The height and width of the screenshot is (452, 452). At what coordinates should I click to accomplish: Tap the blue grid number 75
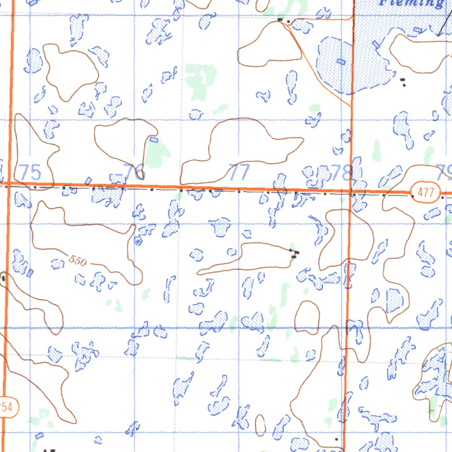coord(31,172)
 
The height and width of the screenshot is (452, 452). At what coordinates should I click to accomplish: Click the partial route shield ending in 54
coord(6,407)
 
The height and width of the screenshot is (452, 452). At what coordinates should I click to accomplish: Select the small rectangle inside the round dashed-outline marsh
coord(340,61)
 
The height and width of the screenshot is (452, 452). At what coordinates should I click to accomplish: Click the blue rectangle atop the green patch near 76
coord(154,139)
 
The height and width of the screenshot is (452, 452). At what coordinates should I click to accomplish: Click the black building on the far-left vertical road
coord(3,278)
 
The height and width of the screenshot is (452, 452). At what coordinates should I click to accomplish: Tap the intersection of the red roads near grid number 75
coord(9,182)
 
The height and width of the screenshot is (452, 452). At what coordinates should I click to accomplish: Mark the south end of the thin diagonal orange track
coord(351,106)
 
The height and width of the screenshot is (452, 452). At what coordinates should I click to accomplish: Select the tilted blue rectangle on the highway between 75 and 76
coord(88,180)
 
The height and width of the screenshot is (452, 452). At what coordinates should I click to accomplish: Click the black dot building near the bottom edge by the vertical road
coord(336,439)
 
